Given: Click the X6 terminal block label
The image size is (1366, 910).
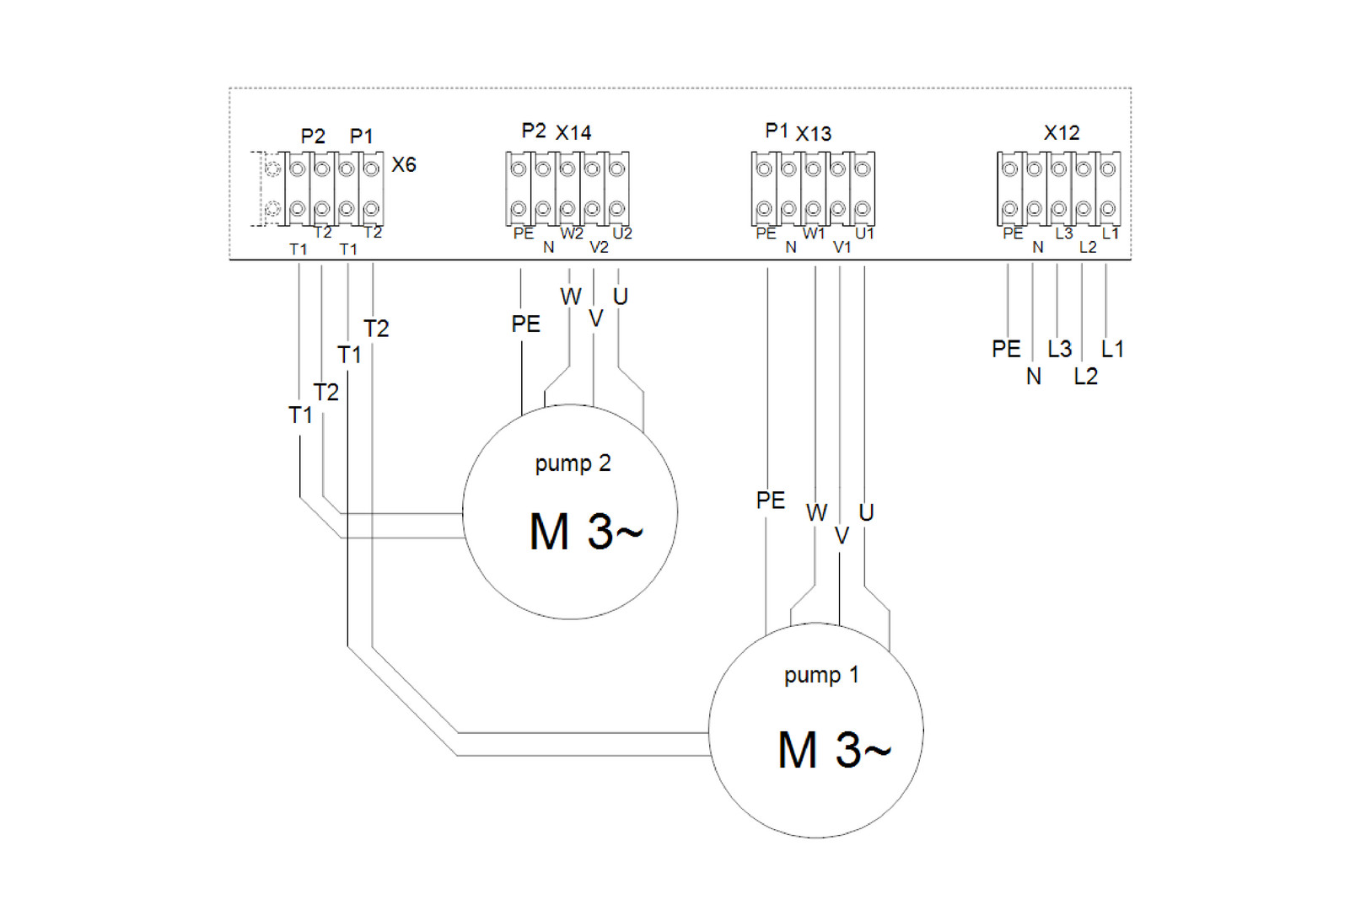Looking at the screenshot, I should pos(404,164).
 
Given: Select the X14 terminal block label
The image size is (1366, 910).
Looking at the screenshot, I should pos(573,132).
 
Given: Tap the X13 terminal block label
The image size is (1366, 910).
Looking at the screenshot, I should pos(814,133).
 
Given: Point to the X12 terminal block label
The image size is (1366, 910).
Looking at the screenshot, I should pos(1062,132).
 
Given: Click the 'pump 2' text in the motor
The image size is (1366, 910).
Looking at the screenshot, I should pos(573,463).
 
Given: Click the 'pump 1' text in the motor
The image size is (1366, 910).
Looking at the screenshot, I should pos(821,675).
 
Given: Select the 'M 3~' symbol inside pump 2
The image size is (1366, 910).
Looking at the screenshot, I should pos(586,533).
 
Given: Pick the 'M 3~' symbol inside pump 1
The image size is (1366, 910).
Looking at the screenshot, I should pos(834,750).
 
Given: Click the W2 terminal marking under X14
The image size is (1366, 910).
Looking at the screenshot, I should pos(572,233).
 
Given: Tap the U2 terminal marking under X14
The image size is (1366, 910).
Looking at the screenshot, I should pos(622,233).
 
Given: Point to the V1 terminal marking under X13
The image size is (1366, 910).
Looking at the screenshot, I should pos(842,247).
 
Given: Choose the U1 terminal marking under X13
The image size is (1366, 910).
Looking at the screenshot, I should pos(865,233).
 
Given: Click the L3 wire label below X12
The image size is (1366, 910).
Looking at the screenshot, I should pos(1060,349).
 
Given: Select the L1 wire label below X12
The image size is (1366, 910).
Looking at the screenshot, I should pos(1112,349).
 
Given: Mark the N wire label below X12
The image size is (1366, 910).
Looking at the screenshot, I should pos(1034,377).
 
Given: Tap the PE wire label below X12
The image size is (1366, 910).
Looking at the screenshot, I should pos(1006,349).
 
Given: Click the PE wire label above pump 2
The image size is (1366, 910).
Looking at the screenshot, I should pos(525,324).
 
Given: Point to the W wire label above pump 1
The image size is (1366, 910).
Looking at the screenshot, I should pos(816,512).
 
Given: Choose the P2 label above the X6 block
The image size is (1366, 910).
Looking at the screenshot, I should pos(313,136).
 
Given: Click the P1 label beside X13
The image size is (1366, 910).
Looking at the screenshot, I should pos(777,131).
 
